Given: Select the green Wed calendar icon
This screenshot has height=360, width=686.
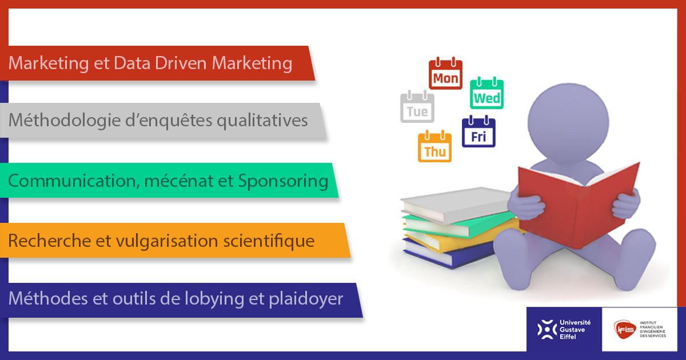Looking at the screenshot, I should click(486, 94).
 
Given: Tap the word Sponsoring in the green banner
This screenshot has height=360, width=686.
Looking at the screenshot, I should click(282, 181).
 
